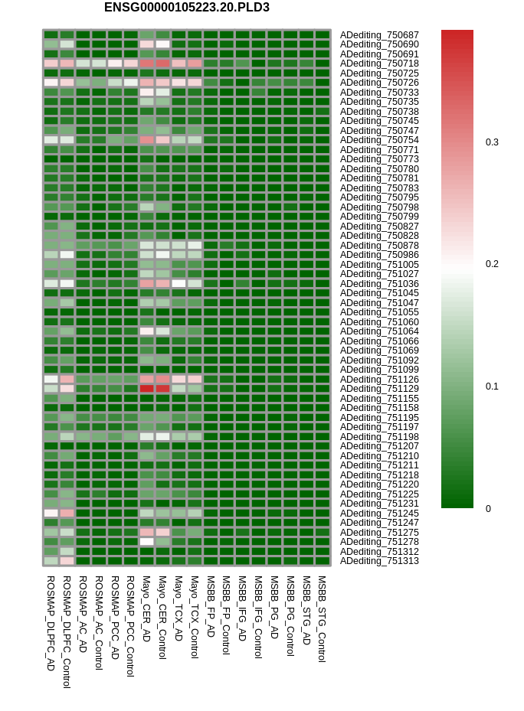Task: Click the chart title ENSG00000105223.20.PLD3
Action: coord(187,8)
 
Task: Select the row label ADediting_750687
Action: coord(379,35)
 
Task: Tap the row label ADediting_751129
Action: coord(379,389)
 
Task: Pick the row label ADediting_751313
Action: coord(379,561)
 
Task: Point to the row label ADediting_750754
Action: coord(379,140)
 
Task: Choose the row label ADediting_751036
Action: coord(379,284)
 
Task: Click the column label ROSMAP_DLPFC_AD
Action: coord(51,623)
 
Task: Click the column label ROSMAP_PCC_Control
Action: coord(130,625)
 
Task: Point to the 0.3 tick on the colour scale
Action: coord(492,142)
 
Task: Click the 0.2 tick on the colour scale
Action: coord(492,264)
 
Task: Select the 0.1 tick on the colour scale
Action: coord(492,386)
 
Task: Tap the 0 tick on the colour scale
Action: coord(488,508)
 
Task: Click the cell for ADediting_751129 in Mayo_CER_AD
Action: coord(146,389)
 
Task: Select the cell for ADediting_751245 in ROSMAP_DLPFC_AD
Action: coord(51,513)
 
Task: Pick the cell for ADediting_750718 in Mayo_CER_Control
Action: coord(162,64)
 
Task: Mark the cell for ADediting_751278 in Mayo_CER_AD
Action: coord(146,542)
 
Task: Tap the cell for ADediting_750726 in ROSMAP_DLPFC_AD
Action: coord(51,83)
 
